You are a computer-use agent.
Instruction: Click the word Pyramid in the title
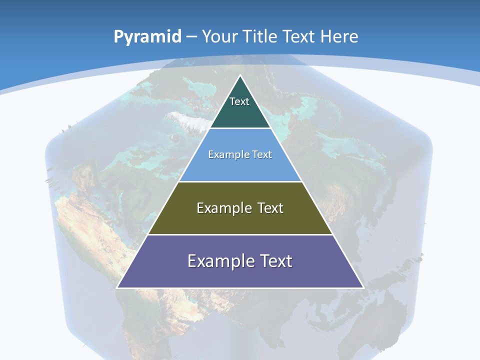[147, 37]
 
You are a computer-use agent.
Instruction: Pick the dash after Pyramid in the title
[191, 37]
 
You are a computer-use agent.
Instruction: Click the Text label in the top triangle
[239, 101]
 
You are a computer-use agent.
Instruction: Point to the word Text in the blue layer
[262, 154]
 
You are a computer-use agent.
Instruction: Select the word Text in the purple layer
[274, 261]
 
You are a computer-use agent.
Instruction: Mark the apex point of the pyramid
[240, 75]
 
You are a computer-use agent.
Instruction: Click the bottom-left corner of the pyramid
[117, 287]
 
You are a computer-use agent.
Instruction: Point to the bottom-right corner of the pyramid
[363, 287]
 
